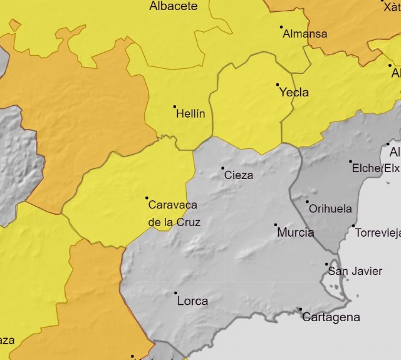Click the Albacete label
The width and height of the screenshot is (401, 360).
point(173,6)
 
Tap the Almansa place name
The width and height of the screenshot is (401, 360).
point(305,34)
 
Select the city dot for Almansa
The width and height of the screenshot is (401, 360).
point(281,27)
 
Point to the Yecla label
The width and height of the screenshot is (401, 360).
point(294,92)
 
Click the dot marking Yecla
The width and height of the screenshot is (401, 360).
point(278,85)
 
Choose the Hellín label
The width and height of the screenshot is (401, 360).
point(190,114)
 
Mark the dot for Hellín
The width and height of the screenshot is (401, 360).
point(175,107)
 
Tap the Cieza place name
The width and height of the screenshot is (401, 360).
point(239,175)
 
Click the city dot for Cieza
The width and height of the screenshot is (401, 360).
point(222,168)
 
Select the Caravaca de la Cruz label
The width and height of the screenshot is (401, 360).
point(173,213)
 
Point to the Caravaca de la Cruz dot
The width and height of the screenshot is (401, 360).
point(147,198)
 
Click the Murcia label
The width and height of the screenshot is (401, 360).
point(295,232)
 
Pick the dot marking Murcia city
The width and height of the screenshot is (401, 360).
point(276,225)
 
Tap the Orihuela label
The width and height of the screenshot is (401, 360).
point(330,208)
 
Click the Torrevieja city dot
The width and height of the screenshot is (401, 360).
point(353,226)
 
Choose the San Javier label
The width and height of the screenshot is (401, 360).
point(355,271)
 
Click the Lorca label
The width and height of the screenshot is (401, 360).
point(192,301)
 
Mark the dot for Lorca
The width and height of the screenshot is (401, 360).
point(175,293)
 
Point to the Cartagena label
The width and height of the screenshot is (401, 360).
point(331,317)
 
